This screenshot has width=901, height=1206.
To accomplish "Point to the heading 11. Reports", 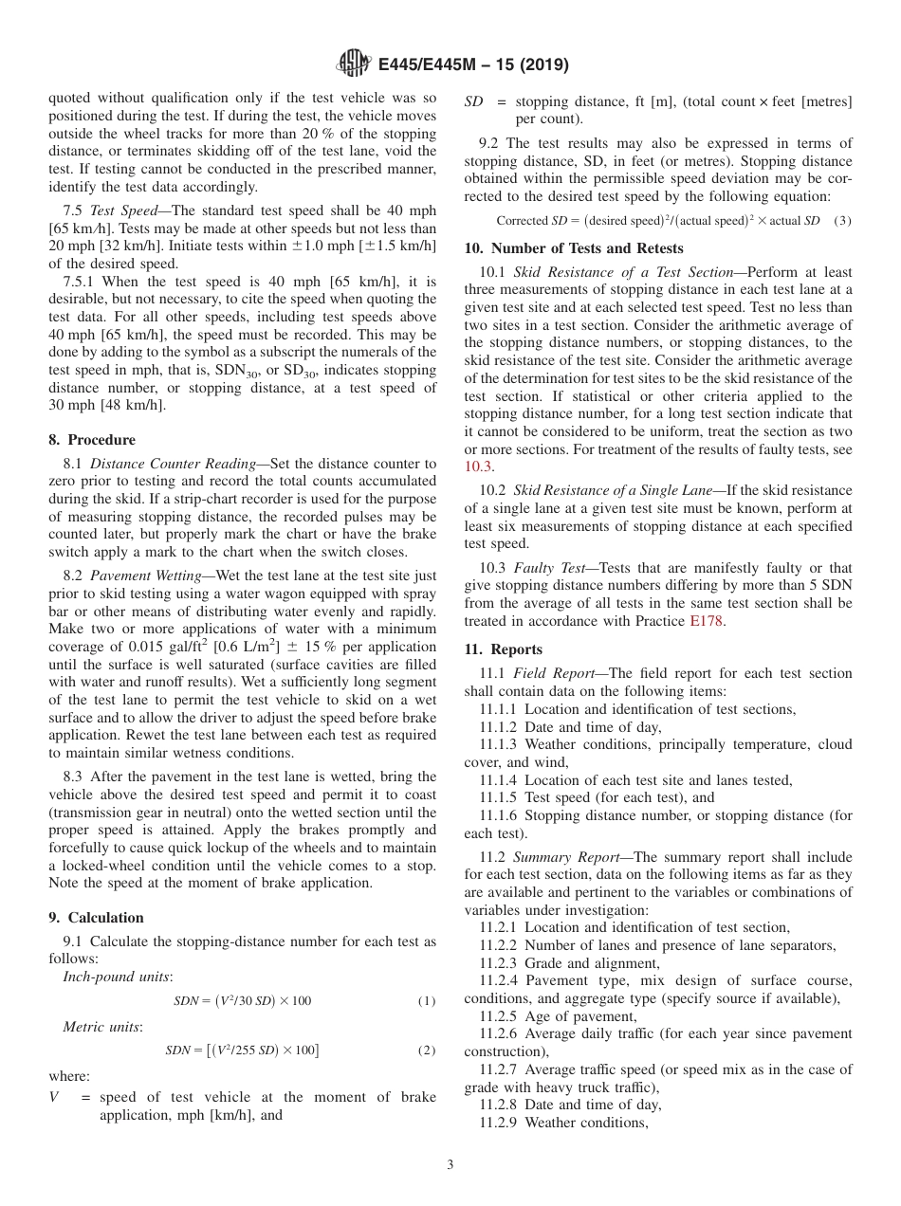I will [504, 649].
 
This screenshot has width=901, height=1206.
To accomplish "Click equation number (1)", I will [427, 1002].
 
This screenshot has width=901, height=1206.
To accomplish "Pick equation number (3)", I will [842, 221].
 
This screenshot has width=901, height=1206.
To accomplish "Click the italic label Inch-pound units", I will [117, 977].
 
